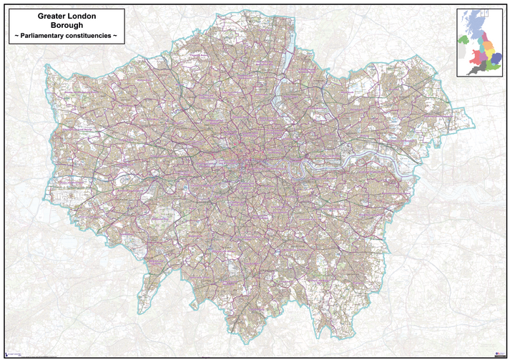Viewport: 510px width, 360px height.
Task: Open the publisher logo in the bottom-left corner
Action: point(13,353)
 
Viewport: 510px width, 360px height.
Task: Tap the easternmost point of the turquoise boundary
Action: point(464,115)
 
